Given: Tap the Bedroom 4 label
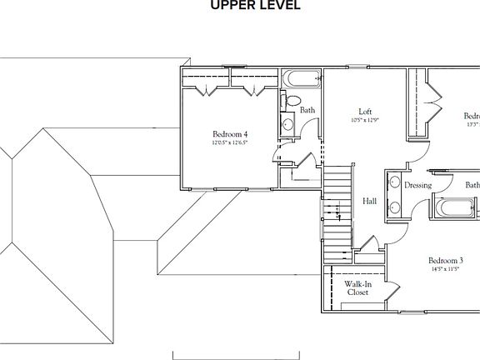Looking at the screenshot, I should (229, 134).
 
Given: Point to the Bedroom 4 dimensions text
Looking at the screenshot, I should (229, 142).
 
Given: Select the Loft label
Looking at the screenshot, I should (365, 112).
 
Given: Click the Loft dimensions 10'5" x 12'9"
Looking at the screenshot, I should (365, 120).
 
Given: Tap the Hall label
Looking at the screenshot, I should (371, 201).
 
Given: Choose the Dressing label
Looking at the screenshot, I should (417, 185).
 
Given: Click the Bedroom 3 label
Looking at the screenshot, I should (446, 259).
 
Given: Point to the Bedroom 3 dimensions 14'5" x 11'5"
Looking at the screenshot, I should (446, 268).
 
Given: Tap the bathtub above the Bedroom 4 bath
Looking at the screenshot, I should (301, 81).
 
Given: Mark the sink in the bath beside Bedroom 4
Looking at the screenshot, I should (287, 126).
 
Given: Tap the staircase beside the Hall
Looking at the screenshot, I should (338, 204).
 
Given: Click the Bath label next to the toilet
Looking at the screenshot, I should (307, 110).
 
